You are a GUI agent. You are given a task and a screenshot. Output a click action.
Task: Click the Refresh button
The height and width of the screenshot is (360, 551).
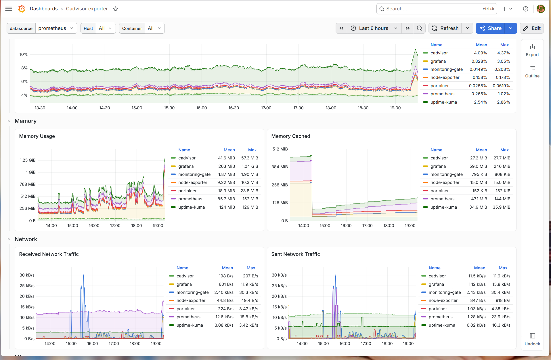coord(445,28)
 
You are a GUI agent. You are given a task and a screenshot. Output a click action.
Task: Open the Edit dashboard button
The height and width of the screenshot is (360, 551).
coord(532,28)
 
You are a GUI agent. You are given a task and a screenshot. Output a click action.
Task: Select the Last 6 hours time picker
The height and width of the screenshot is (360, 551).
coord(374,28)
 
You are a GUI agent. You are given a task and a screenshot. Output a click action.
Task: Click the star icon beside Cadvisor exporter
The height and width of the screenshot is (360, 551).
coord(116,9)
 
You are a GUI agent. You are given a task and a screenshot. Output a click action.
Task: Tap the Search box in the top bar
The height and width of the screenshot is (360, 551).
coord(437,9)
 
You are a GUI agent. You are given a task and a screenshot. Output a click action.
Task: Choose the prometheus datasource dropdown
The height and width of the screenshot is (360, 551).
coord(56,28)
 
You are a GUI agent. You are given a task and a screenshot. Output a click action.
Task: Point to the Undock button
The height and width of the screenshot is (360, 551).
coord(532,340)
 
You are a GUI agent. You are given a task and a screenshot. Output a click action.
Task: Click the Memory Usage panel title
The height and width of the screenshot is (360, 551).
coord(37,136)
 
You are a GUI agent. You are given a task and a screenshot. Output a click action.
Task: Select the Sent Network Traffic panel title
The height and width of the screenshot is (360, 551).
coord(296,254)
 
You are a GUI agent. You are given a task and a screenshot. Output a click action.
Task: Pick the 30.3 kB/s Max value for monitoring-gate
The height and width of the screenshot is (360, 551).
coord(248,292)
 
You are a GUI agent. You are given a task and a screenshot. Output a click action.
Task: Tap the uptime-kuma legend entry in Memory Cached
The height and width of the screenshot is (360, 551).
coord(443,207)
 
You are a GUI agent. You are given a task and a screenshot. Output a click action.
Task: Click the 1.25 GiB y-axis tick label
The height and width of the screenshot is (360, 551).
coord(28,160)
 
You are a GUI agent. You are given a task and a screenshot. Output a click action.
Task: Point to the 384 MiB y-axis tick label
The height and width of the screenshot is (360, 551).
coord(280,167)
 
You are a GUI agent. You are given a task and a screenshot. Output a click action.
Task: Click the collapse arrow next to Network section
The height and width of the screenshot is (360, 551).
coord(9,239)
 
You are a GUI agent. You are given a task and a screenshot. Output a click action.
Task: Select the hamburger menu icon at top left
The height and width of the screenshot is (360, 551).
coord(9,9)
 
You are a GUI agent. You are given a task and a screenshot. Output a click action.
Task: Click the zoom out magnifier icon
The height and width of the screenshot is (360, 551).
coord(419,28)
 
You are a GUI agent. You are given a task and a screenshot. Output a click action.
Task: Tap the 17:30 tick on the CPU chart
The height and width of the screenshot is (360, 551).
coord(298,108)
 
